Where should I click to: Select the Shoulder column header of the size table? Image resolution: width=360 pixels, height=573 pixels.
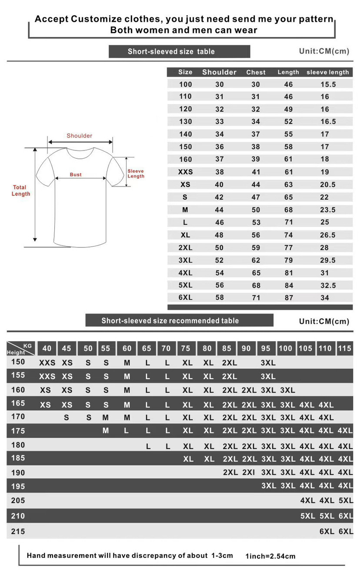219,72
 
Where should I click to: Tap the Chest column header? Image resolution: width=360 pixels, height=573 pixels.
256,72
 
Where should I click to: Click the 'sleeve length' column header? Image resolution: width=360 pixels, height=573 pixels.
327,72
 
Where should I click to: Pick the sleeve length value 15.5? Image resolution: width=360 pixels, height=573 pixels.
328,84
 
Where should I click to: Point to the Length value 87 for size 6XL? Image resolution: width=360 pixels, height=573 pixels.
289,298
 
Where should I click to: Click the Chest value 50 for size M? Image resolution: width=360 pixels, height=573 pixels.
256,210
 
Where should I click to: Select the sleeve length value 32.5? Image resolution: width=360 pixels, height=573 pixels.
328,286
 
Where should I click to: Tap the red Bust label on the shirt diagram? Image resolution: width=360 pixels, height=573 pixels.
76,175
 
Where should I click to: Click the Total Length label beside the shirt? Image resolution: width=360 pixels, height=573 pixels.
21,191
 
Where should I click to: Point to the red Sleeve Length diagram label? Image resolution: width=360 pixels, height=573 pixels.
136,174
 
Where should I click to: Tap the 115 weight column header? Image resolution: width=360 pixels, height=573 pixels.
344,348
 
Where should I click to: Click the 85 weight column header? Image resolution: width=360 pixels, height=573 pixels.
227,348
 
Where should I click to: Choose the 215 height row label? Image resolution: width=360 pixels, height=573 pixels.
18,531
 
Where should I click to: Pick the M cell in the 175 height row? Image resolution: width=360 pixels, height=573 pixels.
106,431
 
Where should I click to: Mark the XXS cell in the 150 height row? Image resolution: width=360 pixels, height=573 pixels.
47,363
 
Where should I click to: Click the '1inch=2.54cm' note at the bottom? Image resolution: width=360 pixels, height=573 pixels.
270,556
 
